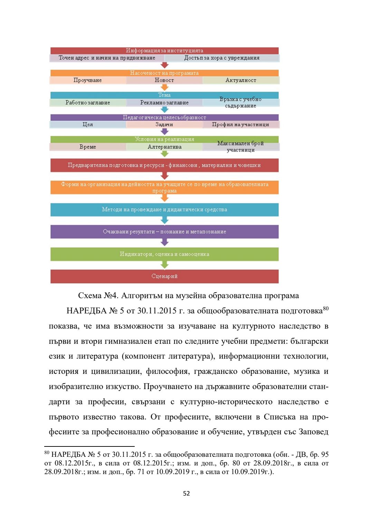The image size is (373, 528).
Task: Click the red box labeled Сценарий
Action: pyautogui.click(x=164, y=276)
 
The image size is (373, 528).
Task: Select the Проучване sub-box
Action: pyautogui.click(x=88, y=80)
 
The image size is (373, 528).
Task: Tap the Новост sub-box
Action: pyautogui.click(x=164, y=80)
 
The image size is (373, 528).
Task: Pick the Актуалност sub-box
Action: pyautogui.click(x=241, y=80)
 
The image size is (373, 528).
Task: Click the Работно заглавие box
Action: pyautogui.click(x=88, y=103)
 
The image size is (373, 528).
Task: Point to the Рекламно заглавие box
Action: pyautogui.click(x=164, y=103)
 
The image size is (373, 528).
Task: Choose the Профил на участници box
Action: pyautogui.click(x=241, y=124)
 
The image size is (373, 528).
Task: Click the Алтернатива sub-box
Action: pyautogui.click(x=164, y=147)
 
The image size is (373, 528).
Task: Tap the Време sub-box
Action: pyautogui.click(x=88, y=147)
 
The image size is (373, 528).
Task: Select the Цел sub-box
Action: pyautogui.click(x=88, y=124)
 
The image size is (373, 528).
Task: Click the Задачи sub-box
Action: pyautogui.click(x=164, y=124)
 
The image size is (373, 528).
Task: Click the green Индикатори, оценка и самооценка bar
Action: pyautogui.click(x=164, y=254)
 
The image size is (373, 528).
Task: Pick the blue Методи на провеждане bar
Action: pyautogui.click(x=164, y=209)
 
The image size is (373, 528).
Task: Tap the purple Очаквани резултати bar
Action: pyautogui.click(x=164, y=232)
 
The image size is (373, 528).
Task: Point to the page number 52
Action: pyautogui.click(x=186, y=493)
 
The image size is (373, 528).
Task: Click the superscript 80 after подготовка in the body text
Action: pyautogui.click(x=326, y=308)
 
